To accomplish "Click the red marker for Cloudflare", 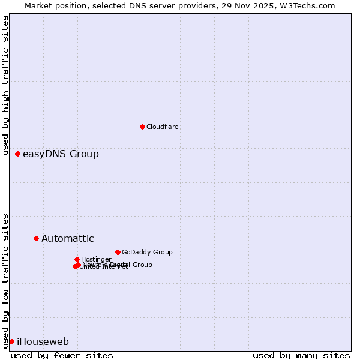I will (142, 127).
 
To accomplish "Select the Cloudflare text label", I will (162, 127).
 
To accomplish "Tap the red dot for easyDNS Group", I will (17, 154).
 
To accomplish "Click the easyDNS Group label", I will (61, 154).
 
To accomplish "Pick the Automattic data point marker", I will (36, 238).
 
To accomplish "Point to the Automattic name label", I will (67, 238).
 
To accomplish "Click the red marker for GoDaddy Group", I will (118, 252).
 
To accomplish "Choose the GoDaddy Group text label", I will (146, 252).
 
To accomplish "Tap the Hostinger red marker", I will (77, 259).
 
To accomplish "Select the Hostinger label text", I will (96, 259).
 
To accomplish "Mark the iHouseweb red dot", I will (11, 341).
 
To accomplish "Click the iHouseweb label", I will (43, 342).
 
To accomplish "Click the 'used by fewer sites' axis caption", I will (62, 355).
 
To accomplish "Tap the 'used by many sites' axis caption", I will (301, 355).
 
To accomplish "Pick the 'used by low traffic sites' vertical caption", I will (5, 280).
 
